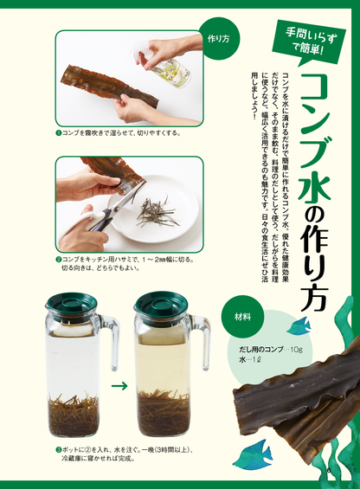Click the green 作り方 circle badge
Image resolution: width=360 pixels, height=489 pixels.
218,39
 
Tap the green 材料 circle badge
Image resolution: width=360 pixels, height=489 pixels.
243,317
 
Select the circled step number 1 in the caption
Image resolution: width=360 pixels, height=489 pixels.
57,133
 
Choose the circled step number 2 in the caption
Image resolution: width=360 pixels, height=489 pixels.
57,258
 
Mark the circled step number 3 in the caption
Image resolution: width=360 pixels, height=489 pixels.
57,450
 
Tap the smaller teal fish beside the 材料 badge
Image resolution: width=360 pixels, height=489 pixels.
299,326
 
